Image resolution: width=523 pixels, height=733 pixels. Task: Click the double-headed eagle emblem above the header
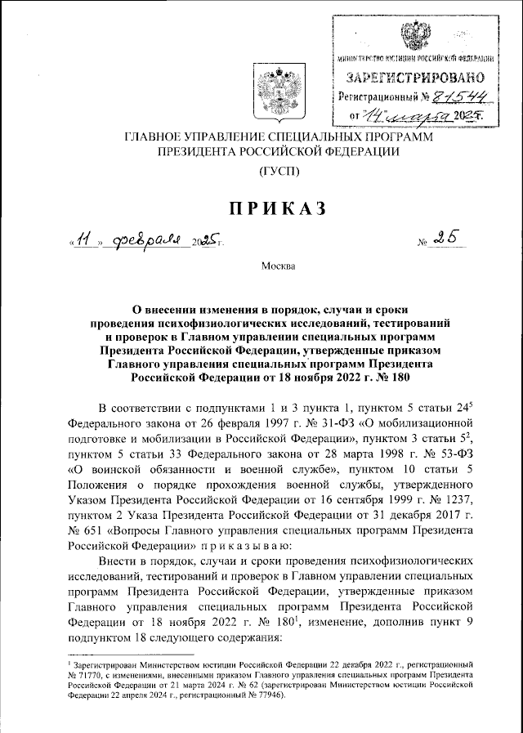pos(273,90)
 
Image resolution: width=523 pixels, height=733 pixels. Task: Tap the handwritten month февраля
pos(147,241)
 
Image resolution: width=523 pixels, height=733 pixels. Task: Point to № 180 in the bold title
pos(384,378)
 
